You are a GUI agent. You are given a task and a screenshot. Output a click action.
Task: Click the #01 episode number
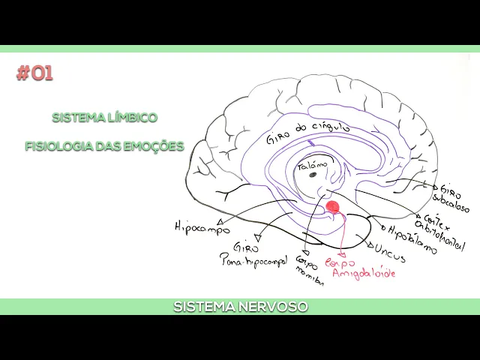point(34,73)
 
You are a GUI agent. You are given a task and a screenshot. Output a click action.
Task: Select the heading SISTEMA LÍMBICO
point(104,118)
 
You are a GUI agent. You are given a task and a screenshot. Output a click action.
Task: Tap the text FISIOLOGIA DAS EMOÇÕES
point(104,146)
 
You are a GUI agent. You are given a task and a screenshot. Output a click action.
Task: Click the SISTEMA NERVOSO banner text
point(240,307)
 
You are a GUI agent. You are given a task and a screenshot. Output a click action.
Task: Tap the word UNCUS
point(389,253)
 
